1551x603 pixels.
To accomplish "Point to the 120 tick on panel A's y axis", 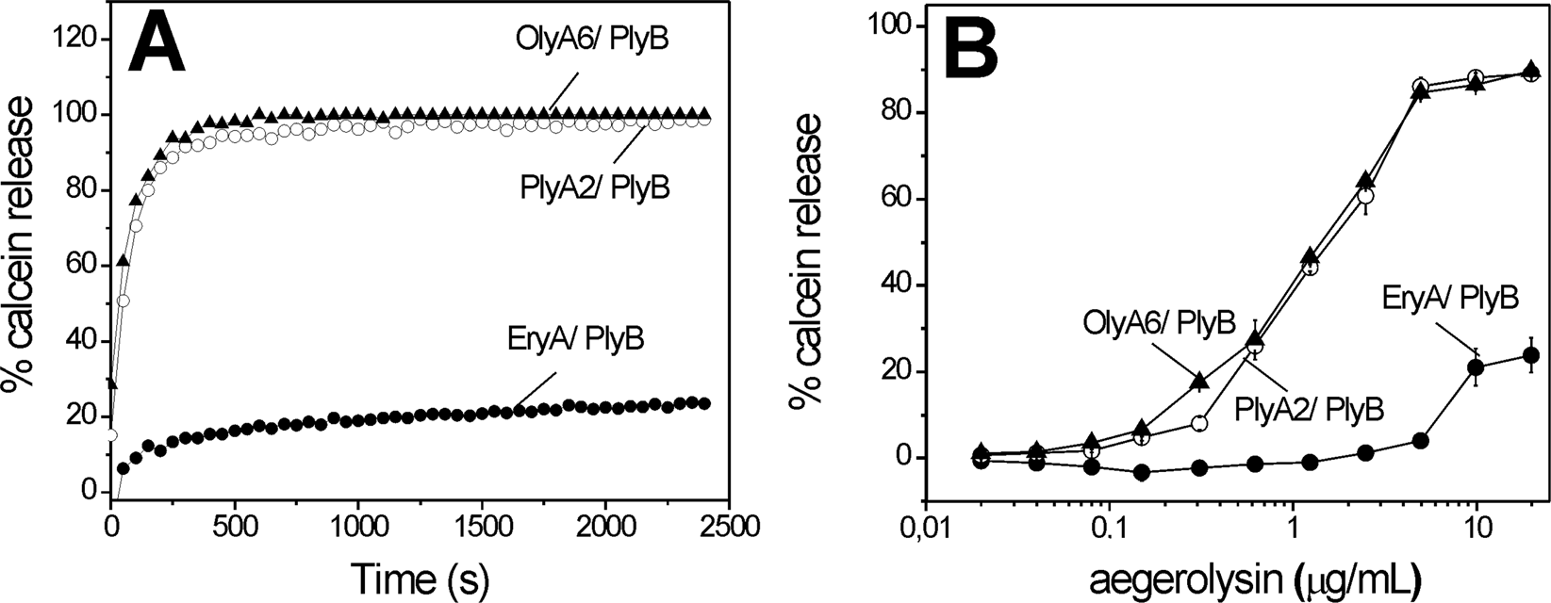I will click(x=78, y=40).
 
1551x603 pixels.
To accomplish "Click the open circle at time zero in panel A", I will click(x=112, y=435).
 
